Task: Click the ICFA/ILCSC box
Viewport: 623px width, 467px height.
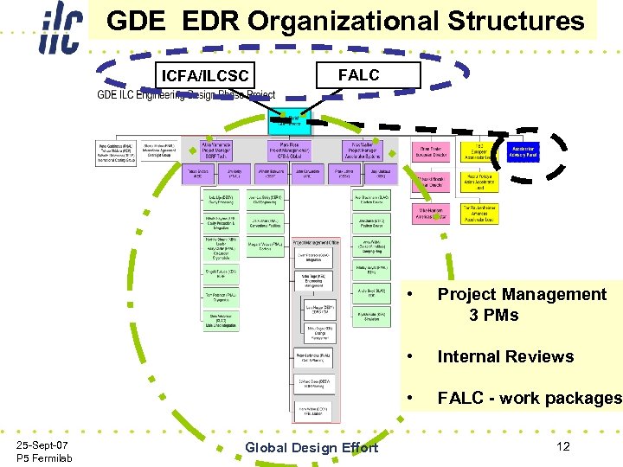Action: coord(205,77)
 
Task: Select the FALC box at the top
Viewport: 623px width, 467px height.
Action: coord(358,75)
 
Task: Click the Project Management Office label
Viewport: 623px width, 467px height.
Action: coord(321,244)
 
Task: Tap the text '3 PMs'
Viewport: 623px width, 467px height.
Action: coord(493,315)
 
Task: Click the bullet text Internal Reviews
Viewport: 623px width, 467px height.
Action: coord(505,356)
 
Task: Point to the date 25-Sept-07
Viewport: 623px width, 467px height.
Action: coord(43,445)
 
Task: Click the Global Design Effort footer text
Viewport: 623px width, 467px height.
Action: coord(311,447)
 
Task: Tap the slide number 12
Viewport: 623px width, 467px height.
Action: coord(563,445)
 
